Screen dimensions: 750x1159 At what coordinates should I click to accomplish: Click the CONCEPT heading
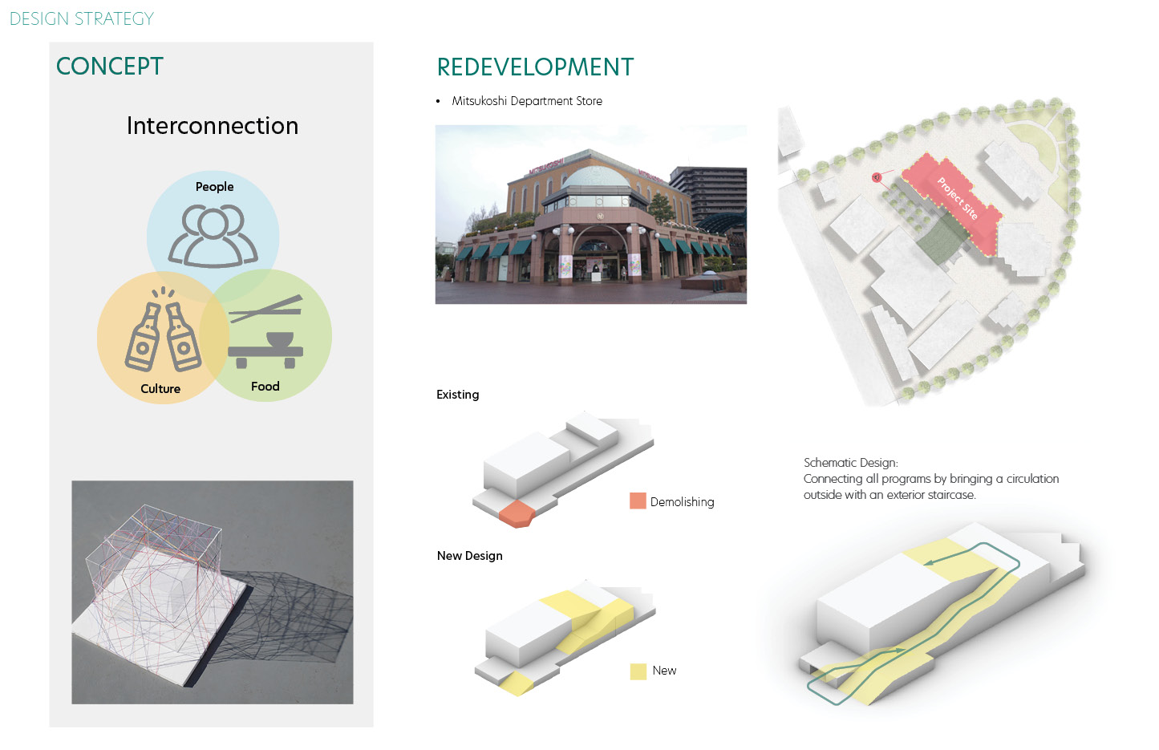click(110, 67)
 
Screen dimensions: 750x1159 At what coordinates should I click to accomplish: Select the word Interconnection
click(213, 126)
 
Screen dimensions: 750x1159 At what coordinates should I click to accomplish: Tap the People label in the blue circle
click(214, 187)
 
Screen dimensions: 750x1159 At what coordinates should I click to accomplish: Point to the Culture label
click(160, 389)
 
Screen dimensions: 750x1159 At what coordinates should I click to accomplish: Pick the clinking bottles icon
click(164, 334)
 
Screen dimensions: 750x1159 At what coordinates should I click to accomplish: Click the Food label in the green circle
click(265, 387)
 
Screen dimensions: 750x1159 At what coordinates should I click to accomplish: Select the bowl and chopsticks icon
click(266, 333)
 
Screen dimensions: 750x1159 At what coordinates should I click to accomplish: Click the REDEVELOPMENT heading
click(535, 67)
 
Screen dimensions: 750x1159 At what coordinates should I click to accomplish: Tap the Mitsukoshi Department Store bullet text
click(527, 101)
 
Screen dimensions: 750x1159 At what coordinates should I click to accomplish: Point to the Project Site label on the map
click(957, 199)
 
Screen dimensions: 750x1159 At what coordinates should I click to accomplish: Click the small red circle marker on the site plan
click(877, 177)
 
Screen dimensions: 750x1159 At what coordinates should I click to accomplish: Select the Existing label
click(457, 395)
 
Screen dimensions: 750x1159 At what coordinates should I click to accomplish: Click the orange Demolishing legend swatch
click(638, 501)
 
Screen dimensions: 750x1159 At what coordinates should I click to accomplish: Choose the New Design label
click(469, 556)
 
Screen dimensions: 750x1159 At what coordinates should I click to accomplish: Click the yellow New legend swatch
click(638, 671)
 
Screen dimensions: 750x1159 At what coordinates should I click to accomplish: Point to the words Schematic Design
click(850, 463)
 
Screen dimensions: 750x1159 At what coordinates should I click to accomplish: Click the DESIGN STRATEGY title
click(82, 18)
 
